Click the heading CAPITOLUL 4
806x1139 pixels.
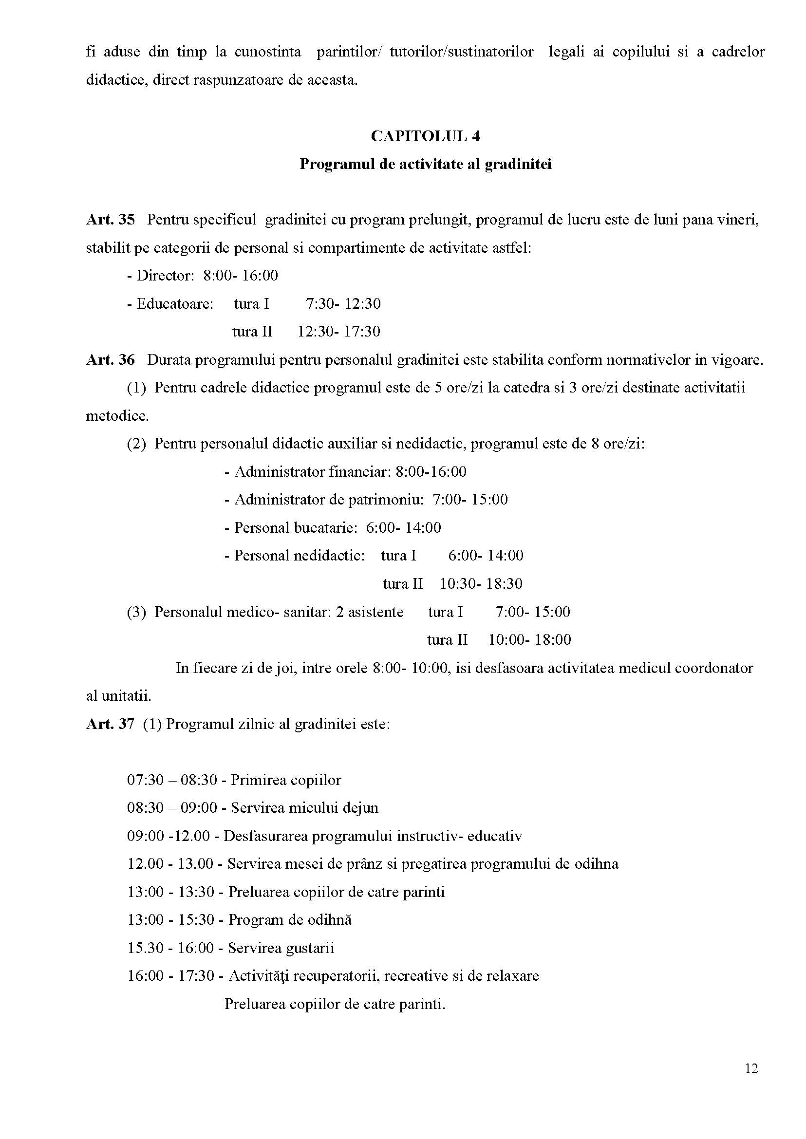pyautogui.click(x=425, y=136)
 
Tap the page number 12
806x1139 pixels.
pyautogui.click(x=751, y=1068)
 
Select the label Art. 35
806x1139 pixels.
pyautogui.click(x=110, y=219)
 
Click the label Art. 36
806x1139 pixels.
pyautogui.click(x=110, y=360)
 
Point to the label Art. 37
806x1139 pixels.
pyautogui.click(x=110, y=724)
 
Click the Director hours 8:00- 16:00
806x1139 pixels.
pyautogui.click(x=240, y=276)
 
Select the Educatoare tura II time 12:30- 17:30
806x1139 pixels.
pyautogui.click(x=338, y=332)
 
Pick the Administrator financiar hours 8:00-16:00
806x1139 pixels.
pyautogui.click(x=431, y=471)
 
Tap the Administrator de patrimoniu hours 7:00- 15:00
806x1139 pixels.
pyautogui.click(x=470, y=499)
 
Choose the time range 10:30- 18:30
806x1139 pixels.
pyautogui.click(x=481, y=584)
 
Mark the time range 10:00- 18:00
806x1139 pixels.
pyautogui.click(x=529, y=640)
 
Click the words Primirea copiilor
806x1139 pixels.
pyautogui.click(x=286, y=780)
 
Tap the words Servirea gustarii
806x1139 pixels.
pyautogui.click(x=281, y=948)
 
